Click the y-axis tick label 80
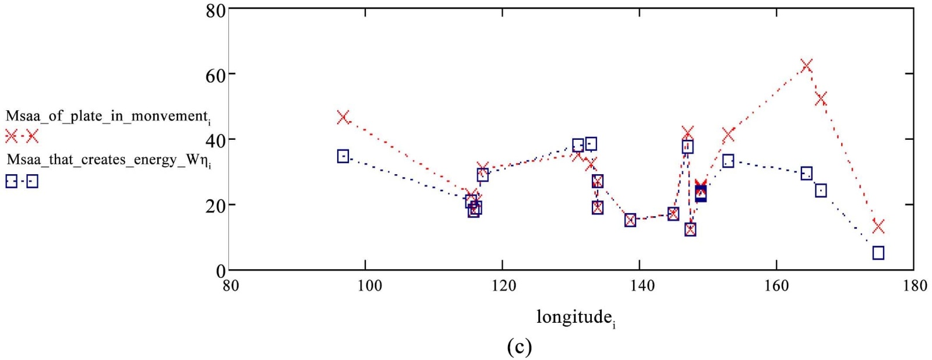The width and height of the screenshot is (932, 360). coord(215,10)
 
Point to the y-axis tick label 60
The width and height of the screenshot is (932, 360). coord(215,75)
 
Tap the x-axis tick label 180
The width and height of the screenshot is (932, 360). coord(913,285)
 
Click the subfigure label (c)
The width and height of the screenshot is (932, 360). coord(519,347)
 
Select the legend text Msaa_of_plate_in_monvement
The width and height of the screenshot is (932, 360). coord(108,116)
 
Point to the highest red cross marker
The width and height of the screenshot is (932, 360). coord(806,65)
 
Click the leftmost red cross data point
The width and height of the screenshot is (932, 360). coord(343,117)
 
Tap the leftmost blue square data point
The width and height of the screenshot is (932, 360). coord(343,156)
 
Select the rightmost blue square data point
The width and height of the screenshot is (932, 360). coord(878,253)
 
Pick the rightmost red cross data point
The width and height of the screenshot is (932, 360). coord(878,226)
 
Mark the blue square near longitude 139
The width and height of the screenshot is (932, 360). coord(630,220)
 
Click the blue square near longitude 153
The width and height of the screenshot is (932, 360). coord(728,161)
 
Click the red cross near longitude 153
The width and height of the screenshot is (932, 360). coord(728,135)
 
